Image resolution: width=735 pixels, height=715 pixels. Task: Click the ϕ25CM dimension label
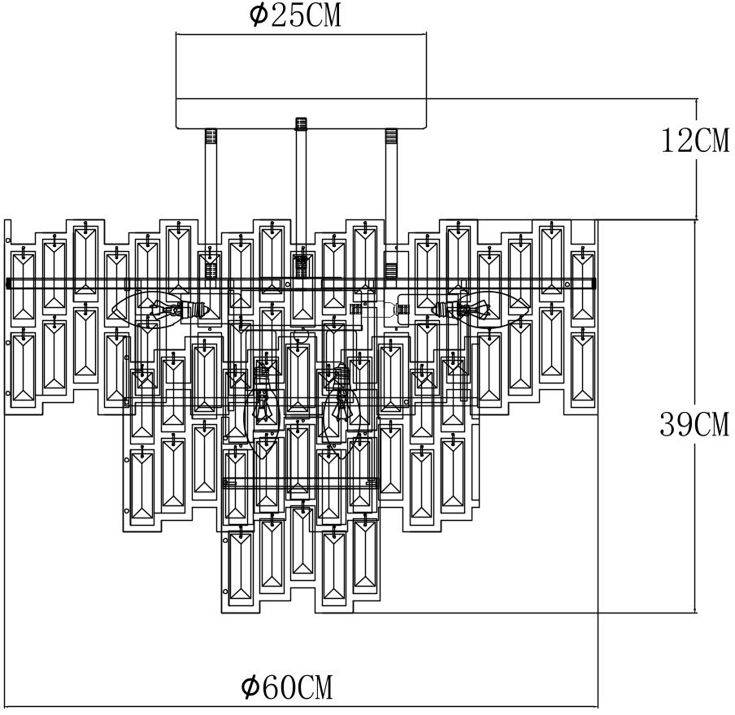295,16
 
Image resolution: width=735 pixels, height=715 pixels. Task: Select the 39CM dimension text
694,424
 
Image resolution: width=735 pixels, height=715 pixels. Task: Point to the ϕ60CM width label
287,687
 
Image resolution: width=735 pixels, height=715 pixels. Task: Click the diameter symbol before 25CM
258,16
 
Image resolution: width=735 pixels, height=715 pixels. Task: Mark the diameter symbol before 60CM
250,687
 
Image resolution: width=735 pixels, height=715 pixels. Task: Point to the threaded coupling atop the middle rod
302,124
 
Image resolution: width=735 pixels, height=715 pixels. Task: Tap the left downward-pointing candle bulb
263,406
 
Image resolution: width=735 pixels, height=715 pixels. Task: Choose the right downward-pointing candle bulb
341,406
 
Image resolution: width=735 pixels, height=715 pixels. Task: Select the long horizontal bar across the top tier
302,283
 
